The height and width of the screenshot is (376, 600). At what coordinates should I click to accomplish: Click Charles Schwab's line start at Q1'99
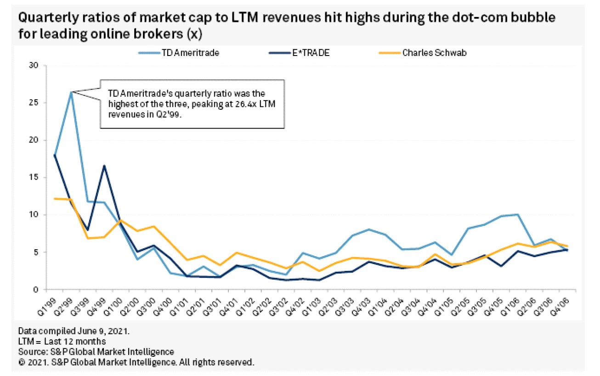tap(54, 198)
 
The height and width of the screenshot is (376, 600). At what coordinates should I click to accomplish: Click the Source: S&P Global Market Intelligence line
tap(96, 352)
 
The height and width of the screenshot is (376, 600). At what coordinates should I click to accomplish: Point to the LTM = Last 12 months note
tap(62, 342)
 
